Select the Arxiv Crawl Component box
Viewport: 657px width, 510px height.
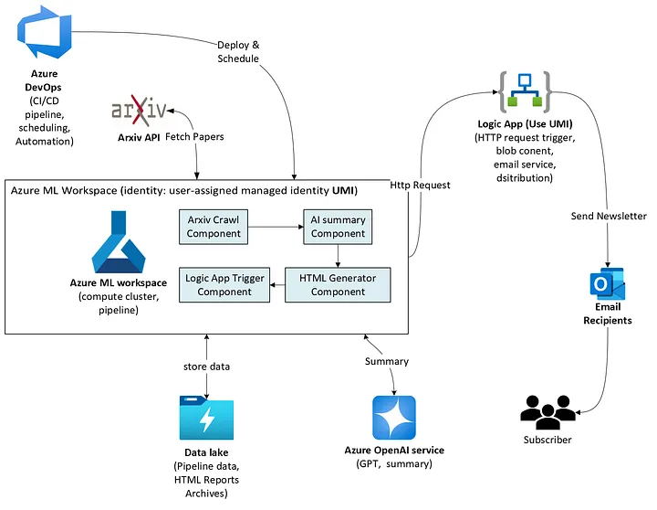pos(214,227)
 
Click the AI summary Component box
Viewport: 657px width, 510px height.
pos(338,227)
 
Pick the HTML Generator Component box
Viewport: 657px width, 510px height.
pos(338,284)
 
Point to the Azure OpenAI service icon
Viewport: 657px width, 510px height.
pos(394,419)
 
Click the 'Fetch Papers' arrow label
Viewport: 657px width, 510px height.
pos(194,136)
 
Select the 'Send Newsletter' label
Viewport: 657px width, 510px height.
pos(609,216)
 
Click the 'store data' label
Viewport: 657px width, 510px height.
pos(207,367)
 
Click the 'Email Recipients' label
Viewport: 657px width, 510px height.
pos(607,314)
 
